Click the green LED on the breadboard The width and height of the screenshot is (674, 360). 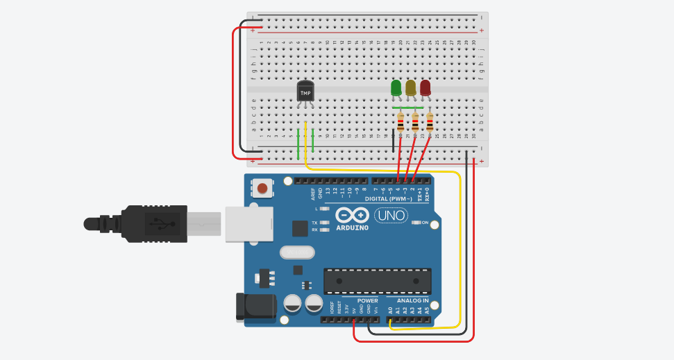point(396,88)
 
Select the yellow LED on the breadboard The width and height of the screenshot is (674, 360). point(410,88)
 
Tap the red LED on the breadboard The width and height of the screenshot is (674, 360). point(425,88)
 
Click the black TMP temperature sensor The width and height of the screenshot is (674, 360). point(305,92)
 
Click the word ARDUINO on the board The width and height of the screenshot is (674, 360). point(353,227)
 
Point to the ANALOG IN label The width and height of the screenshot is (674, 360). point(412,301)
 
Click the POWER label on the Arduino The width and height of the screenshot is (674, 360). point(367,301)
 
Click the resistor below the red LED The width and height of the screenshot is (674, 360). point(430,123)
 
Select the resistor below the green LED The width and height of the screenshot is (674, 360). point(401,123)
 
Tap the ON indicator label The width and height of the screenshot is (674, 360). point(426,223)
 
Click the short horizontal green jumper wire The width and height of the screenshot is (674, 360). point(407,108)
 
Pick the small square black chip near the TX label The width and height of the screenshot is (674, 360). point(300,228)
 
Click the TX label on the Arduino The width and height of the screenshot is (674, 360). point(314,223)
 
